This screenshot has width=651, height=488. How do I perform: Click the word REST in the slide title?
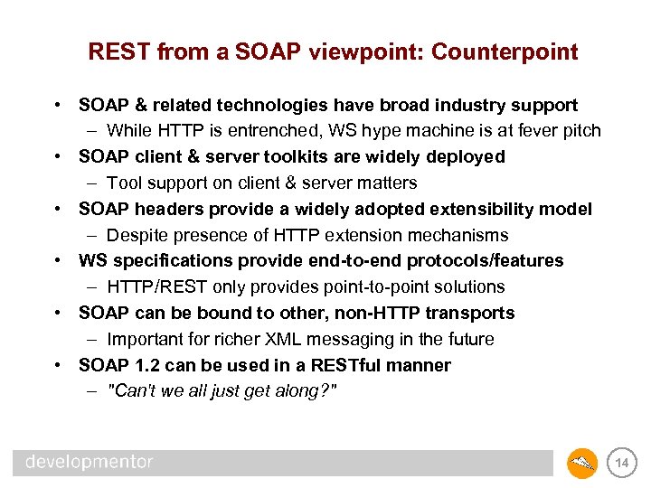[119, 52]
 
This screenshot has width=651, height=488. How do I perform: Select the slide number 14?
[621, 464]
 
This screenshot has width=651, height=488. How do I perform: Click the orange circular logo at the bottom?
[581, 463]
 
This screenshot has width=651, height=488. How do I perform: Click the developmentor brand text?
[90, 463]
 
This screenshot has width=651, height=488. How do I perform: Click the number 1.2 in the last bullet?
[145, 365]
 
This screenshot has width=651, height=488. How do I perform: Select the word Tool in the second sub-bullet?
[122, 183]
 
